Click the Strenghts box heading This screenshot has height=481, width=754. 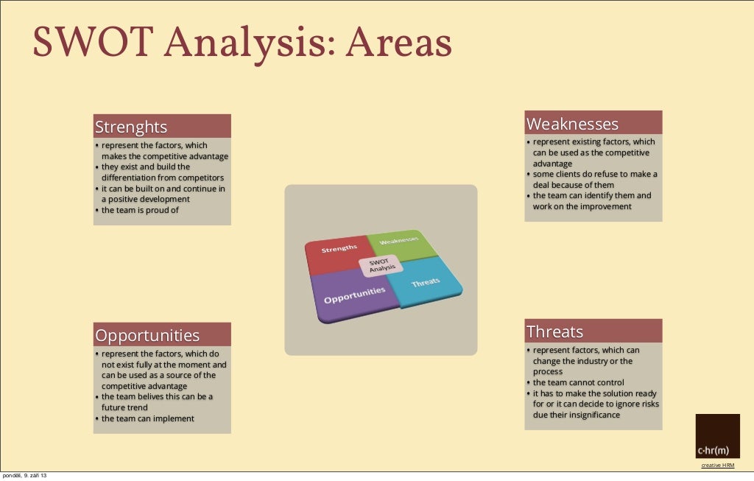tap(131, 127)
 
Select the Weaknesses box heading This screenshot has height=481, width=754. tap(572, 124)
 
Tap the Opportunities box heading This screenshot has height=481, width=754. tap(147, 336)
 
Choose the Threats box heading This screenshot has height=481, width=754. tap(554, 331)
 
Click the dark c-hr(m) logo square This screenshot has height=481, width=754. tap(717, 436)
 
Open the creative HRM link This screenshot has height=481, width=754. tap(717, 466)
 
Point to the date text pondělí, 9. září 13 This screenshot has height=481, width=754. tap(25, 476)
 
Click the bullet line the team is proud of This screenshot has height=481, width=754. tap(140, 210)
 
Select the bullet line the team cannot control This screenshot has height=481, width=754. tap(578, 382)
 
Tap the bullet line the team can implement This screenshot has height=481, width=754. tap(147, 418)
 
